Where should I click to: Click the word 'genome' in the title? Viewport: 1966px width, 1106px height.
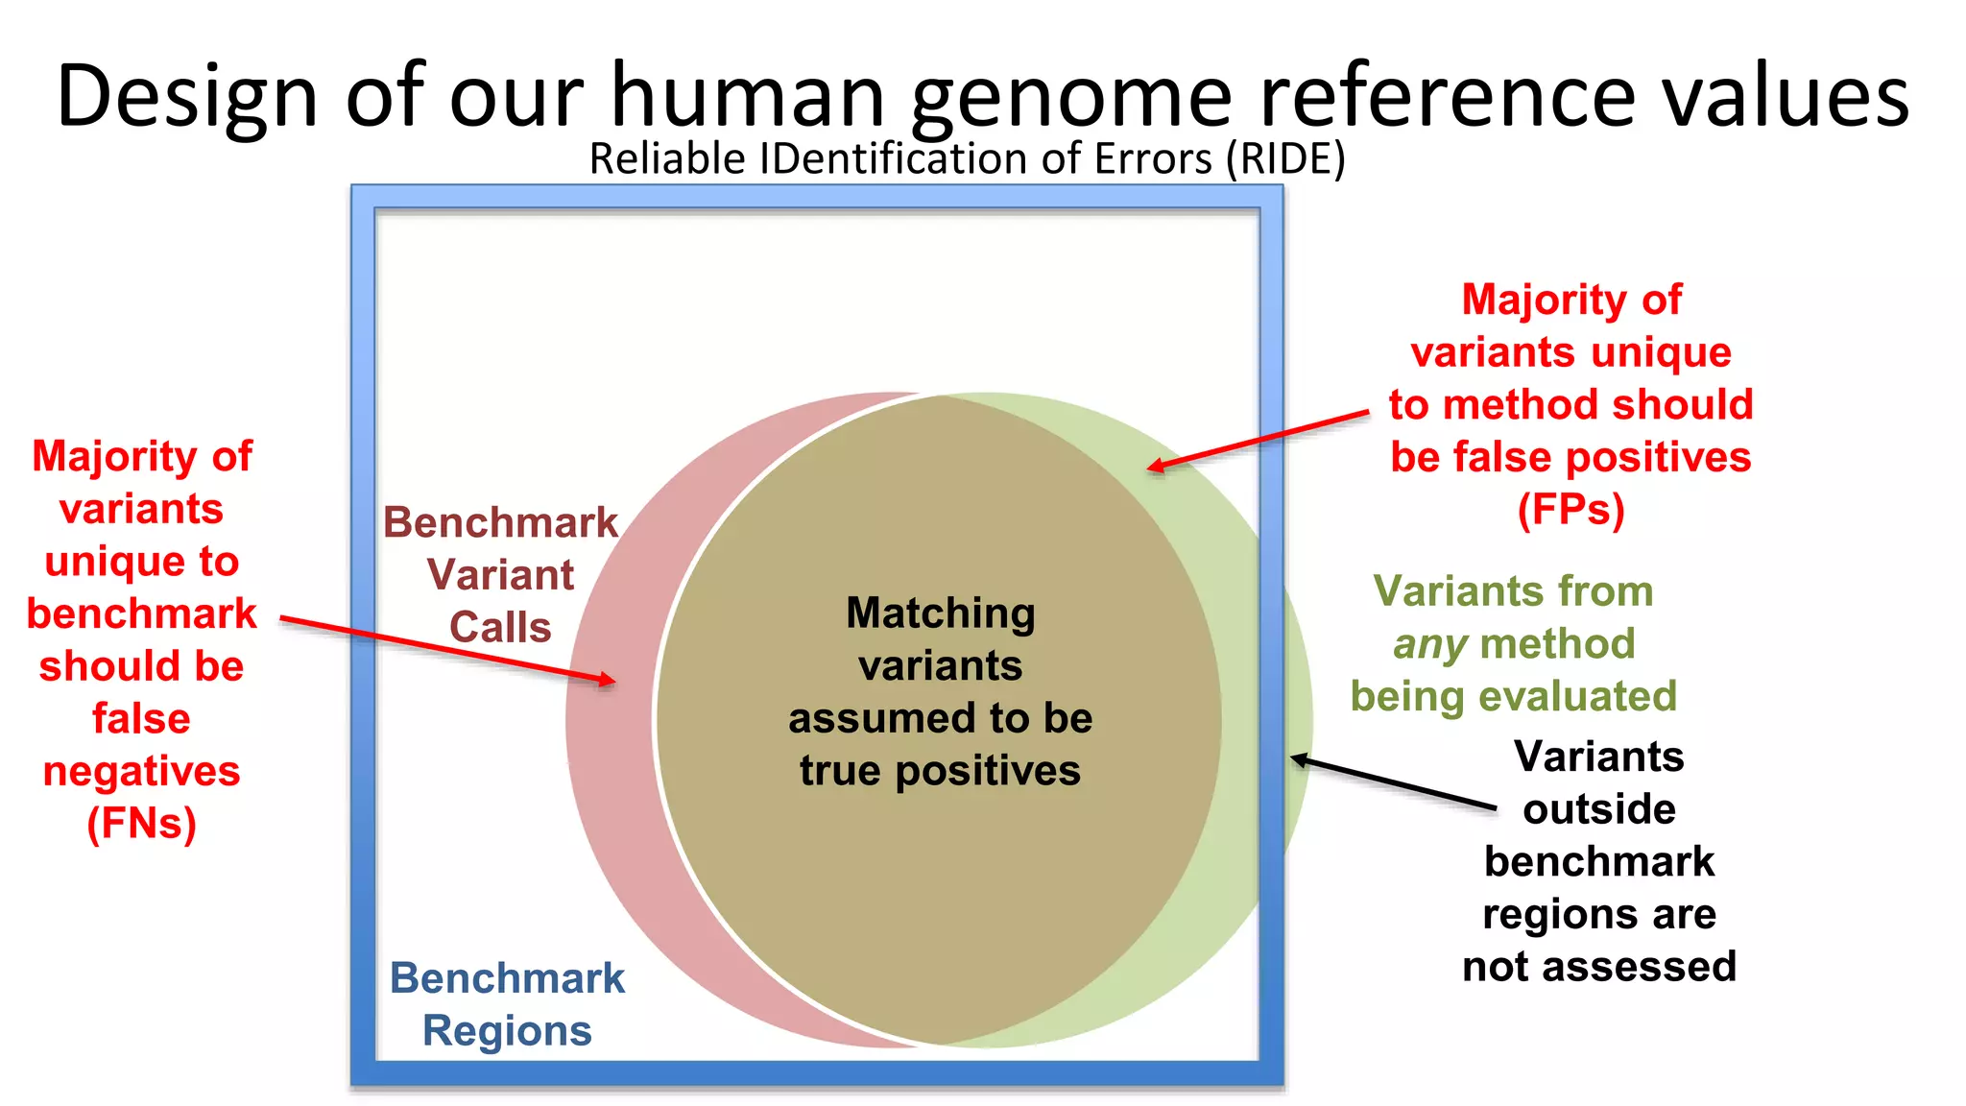pyautogui.click(x=1070, y=96)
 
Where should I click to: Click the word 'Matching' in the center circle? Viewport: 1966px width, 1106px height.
pyautogui.click(x=940, y=613)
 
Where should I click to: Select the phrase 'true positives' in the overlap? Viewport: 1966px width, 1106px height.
pyautogui.click(x=940, y=770)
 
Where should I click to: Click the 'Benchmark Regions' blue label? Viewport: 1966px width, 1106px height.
pyautogui.click(x=507, y=1004)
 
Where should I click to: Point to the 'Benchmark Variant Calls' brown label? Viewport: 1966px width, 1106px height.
pyautogui.click(x=500, y=574)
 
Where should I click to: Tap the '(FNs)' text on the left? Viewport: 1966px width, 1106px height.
pyautogui.click(x=141, y=823)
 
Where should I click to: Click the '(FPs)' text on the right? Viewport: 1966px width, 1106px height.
pyautogui.click(x=1570, y=509)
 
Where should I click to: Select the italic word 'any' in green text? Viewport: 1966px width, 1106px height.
pyautogui.click(x=1429, y=644)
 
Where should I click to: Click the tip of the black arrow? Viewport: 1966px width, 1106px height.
pyautogui.click(x=1294, y=758)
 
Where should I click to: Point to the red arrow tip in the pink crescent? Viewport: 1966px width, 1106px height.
pyautogui.click(x=612, y=682)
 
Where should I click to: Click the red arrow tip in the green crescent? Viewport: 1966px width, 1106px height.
pyautogui.click(x=1151, y=468)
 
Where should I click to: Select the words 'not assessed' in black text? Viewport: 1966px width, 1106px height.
pyautogui.click(x=1598, y=966)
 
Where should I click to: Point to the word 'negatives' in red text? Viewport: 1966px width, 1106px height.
pyautogui.click(x=141, y=771)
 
